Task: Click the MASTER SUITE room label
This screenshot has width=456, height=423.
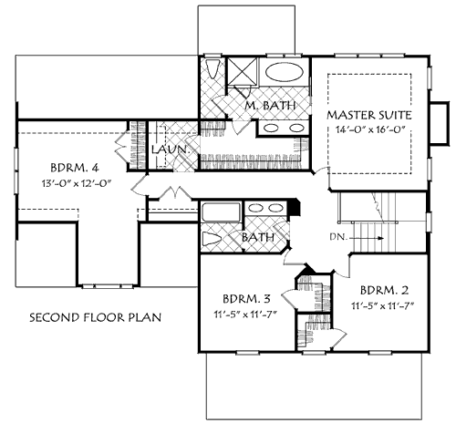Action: pos(369,116)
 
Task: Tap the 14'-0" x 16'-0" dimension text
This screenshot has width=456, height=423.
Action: pos(369,131)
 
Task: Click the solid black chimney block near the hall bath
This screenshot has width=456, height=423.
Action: pos(293,208)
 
